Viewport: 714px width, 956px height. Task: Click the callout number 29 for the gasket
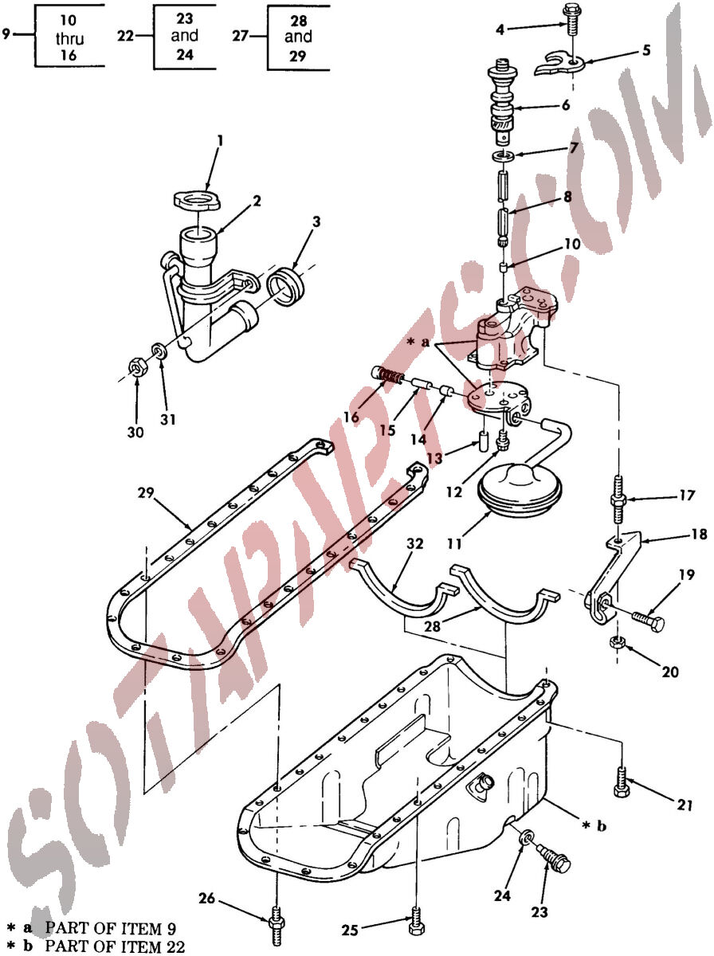click(146, 492)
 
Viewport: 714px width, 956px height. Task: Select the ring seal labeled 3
click(284, 287)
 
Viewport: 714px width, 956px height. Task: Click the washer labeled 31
click(160, 351)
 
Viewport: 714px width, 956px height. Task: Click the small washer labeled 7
click(503, 155)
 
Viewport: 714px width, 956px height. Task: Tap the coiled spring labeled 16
click(388, 375)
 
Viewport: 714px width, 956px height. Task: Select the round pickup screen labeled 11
click(520, 489)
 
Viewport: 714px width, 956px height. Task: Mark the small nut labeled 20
click(618, 641)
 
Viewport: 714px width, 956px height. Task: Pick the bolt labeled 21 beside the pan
click(621, 782)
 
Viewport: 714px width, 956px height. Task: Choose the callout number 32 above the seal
click(414, 543)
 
